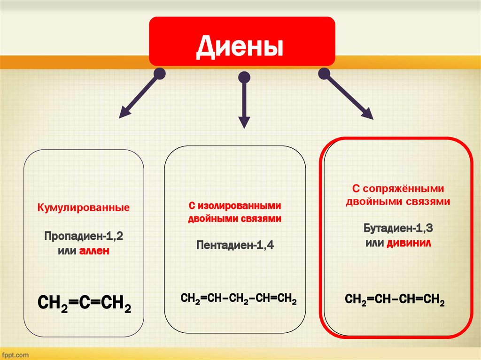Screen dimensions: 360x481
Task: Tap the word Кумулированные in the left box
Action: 84,207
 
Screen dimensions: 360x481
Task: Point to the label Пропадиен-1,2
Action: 84,236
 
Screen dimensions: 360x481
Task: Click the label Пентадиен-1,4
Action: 235,245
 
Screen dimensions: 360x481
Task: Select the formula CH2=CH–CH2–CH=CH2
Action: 239,299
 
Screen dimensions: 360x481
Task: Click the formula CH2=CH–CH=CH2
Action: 395,299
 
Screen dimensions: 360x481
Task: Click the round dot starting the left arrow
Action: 160,73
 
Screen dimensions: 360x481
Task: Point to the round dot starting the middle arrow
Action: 244,77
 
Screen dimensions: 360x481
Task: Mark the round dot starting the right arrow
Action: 324,73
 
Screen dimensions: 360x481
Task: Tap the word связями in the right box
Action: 428,202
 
